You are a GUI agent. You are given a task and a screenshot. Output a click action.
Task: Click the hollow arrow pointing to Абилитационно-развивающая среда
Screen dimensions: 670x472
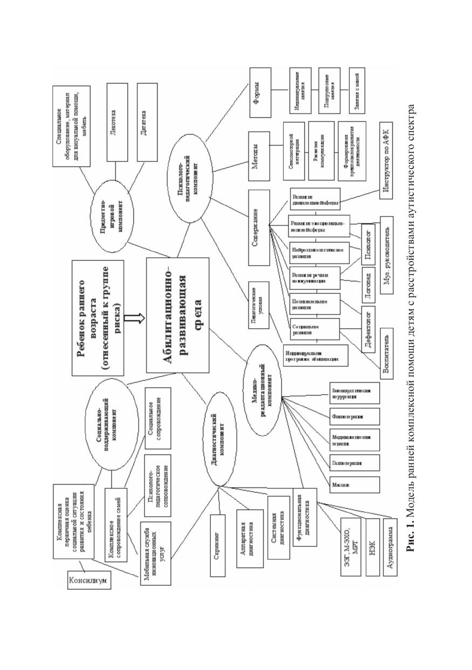click(138, 319)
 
